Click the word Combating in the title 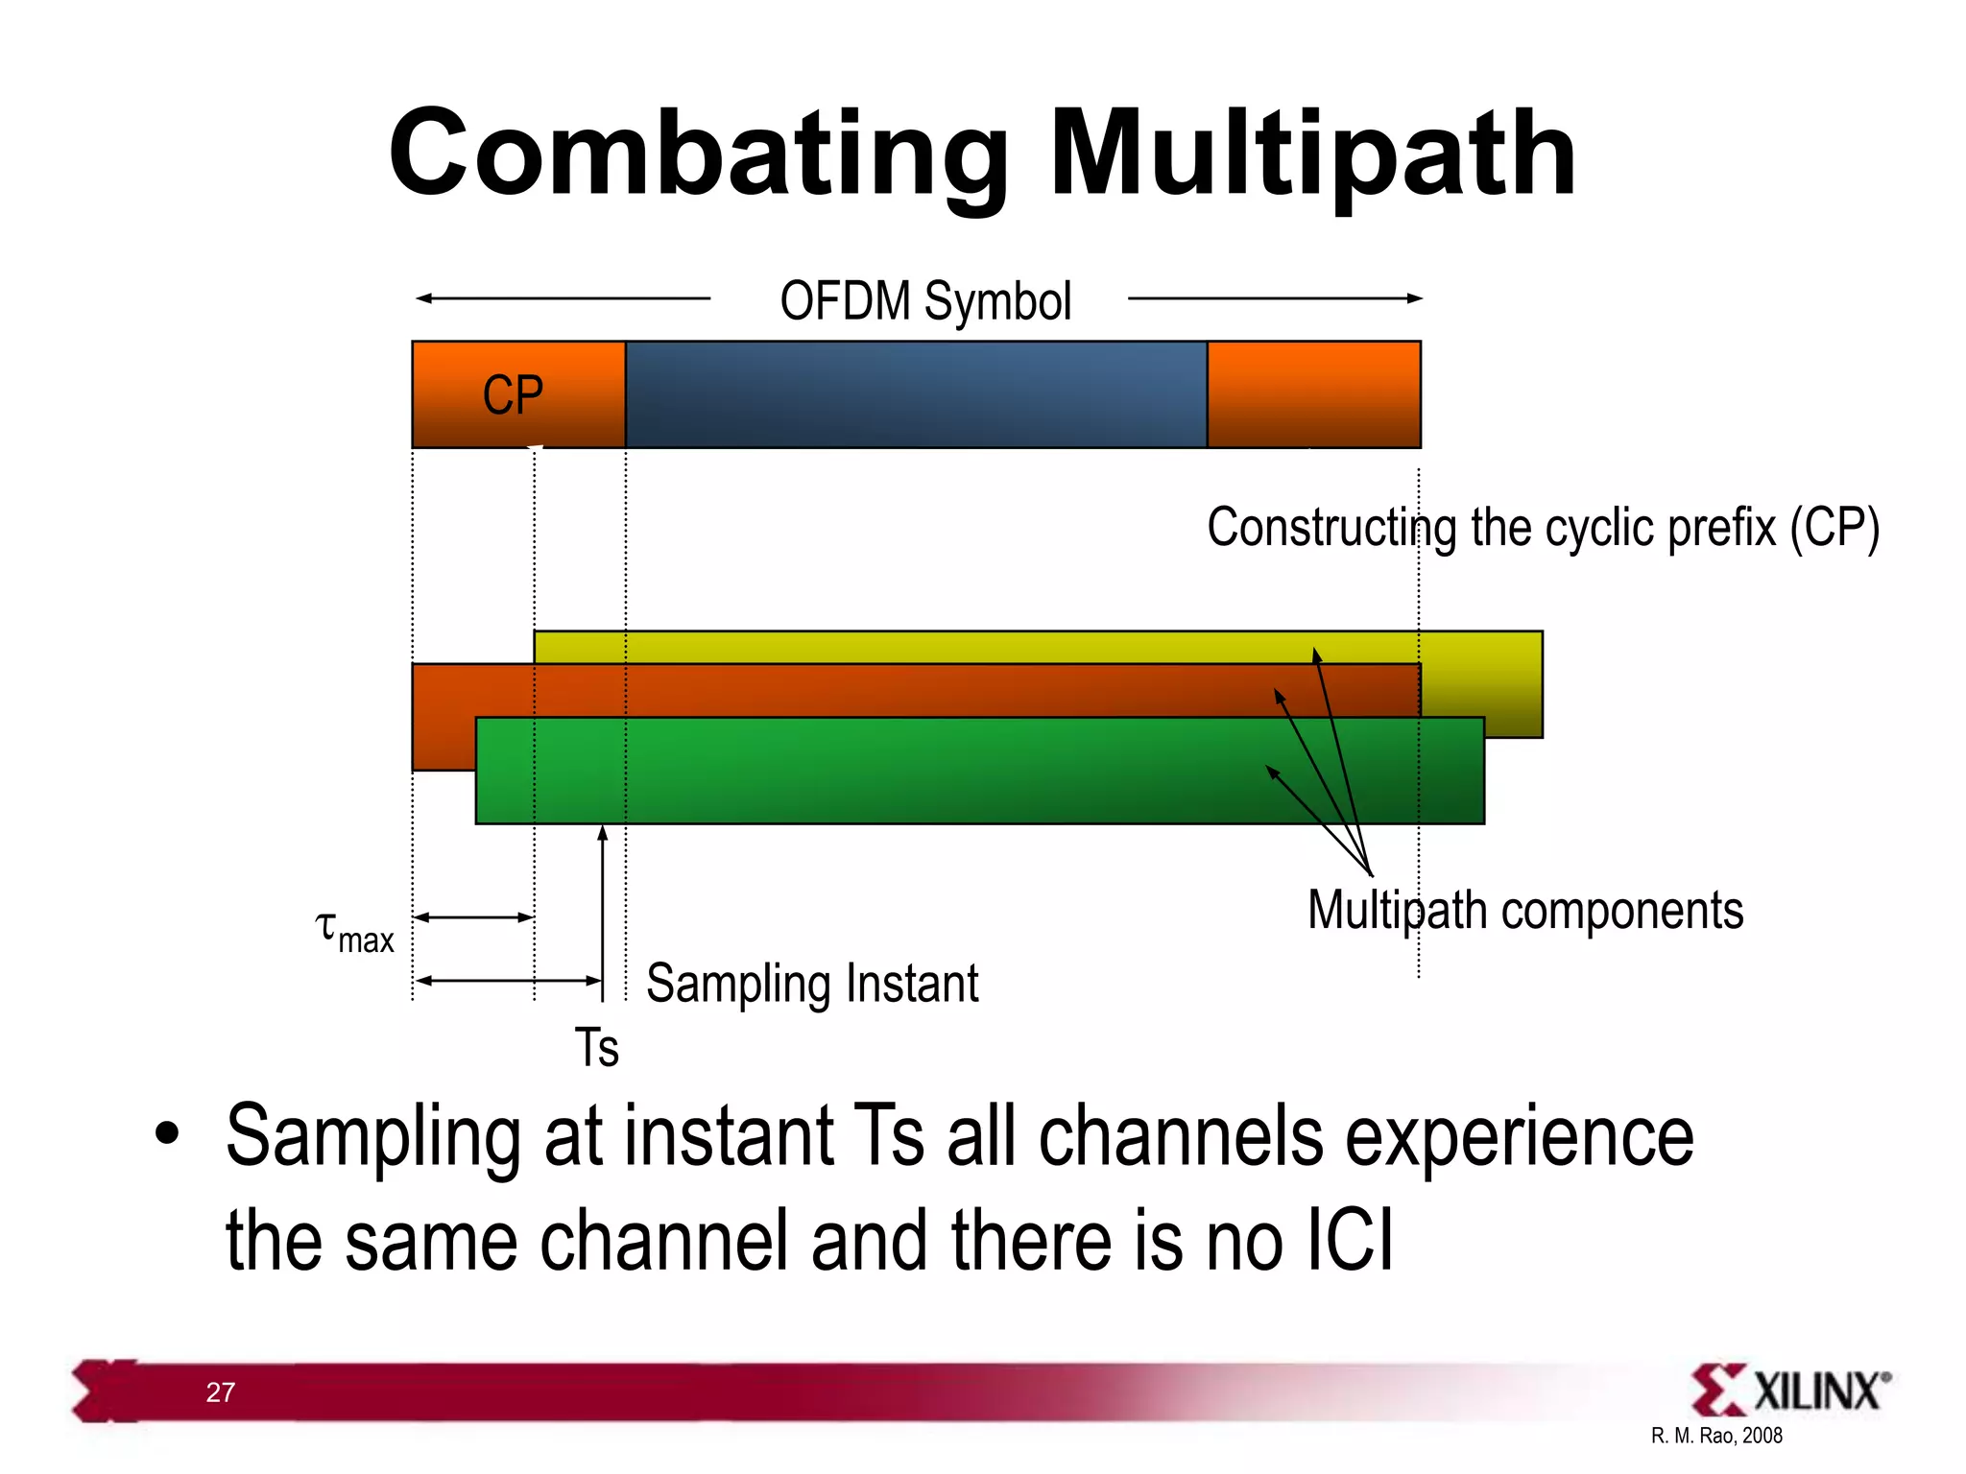699,154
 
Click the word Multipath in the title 1312,154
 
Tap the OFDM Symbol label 924,301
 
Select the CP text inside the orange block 513,395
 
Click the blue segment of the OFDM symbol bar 915,394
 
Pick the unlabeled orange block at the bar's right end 1313,394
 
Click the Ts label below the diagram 596,1047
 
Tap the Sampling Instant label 812,984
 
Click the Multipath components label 1524,911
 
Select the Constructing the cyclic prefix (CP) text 1542,528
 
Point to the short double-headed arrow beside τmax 473,917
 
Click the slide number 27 220,1392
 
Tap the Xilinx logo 1790,1390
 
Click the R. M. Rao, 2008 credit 1715,1436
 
